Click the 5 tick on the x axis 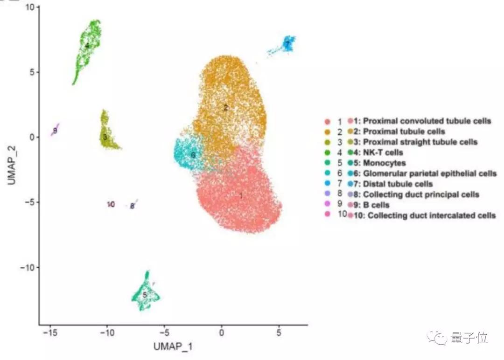(279, 333)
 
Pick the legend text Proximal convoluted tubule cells (427, 121)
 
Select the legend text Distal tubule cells (398, 184)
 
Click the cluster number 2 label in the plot (226, 108)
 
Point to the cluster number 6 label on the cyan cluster (193, 155)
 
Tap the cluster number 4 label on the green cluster (87, 46)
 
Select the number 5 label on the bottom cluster (145, 295)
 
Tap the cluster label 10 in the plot (111, 204)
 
